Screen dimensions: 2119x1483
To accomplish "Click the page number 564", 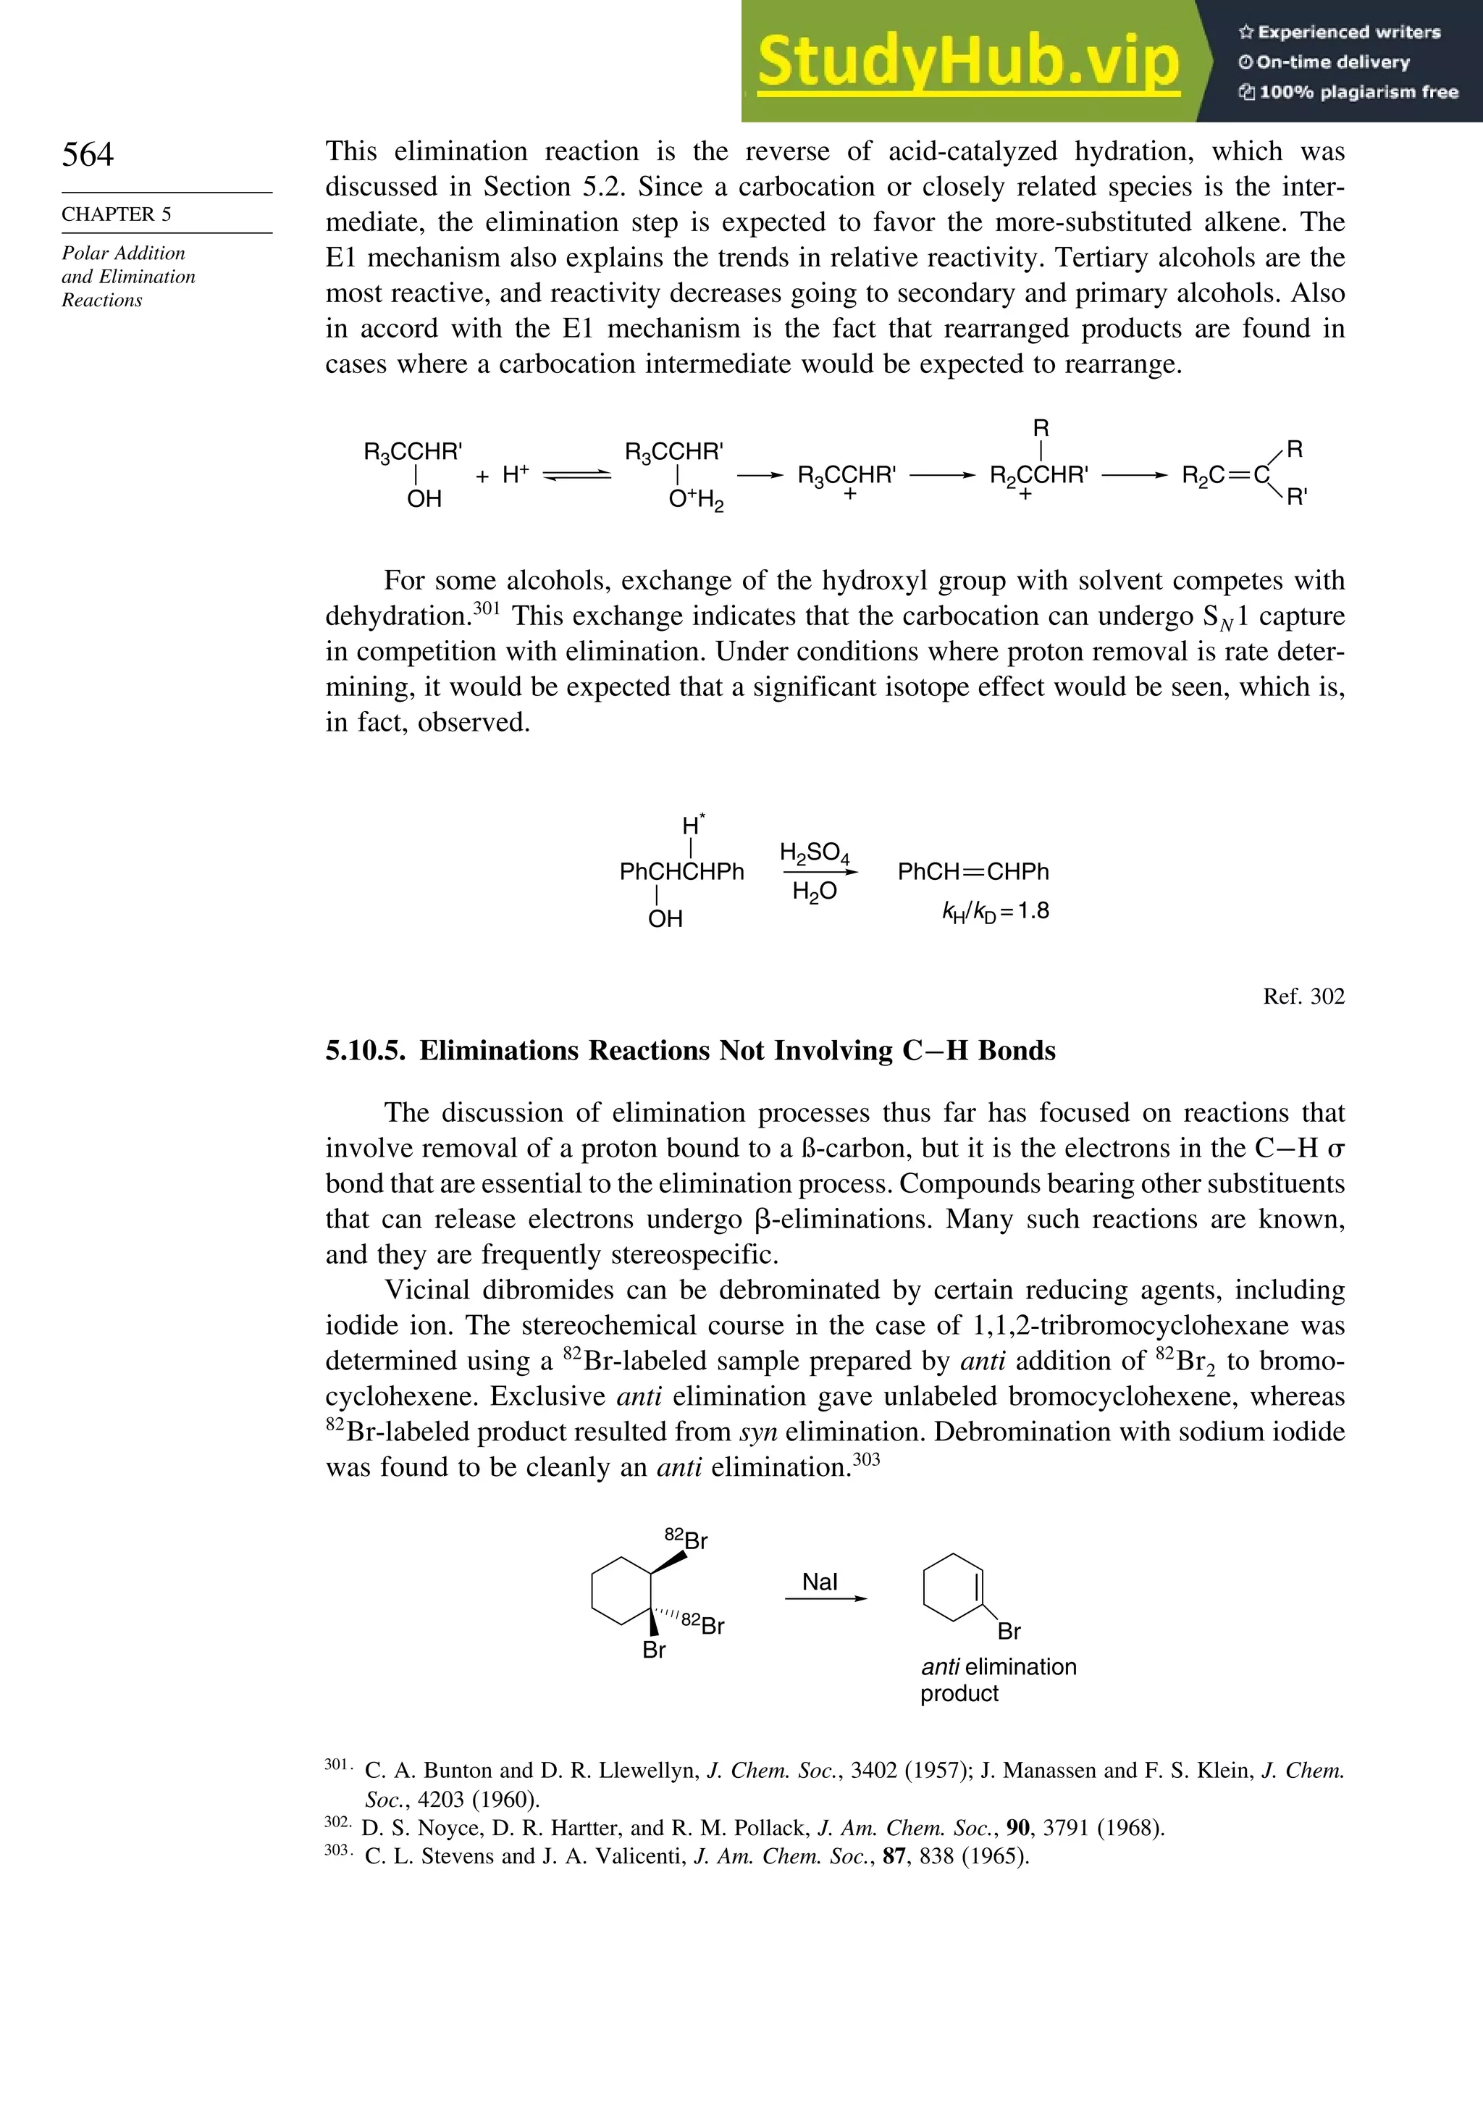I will tap(88, 154).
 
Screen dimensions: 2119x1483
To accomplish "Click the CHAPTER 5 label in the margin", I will tap(117, 214).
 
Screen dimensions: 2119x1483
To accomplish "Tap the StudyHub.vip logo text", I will tap(968, 61).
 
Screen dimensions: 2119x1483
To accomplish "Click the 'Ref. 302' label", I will tap(1303, 996).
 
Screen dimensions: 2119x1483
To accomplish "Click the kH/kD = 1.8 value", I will tap(995, 911).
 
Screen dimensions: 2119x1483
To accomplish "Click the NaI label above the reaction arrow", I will tap(820, 1582).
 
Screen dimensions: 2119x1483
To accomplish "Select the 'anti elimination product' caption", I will tap(998, 1679).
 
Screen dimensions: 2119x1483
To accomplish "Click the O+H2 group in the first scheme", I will tap(696, 500).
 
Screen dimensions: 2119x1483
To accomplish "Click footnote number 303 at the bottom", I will tap(337, 1850).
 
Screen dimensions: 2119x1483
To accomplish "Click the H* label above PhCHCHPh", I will tap(692, 824).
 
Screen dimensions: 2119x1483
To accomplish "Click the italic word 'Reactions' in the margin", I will tap(101, 300).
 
